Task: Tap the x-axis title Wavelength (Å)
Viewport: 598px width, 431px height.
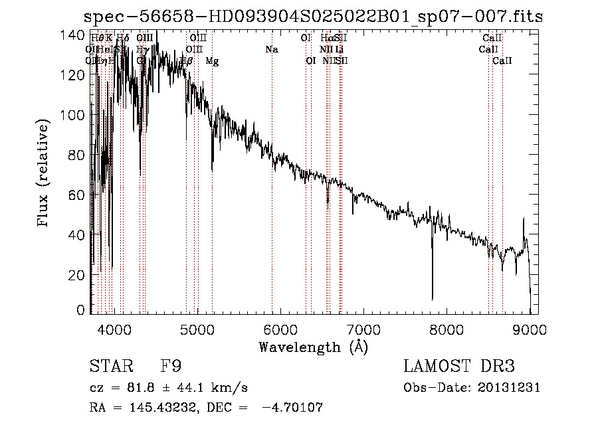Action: [313, 347]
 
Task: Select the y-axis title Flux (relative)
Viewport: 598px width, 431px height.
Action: [44, 174]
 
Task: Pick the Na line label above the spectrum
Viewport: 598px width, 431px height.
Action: [271, 49]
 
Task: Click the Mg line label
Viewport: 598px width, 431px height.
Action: [212, 61]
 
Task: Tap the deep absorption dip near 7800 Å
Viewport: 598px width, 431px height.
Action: [433, 292]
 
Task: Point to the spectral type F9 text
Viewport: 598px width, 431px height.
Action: [171, 367]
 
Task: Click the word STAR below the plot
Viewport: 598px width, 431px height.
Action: [111, 367]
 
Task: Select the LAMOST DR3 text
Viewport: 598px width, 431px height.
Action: [459, 367]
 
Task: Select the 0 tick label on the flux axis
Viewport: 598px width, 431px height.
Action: [81, 310]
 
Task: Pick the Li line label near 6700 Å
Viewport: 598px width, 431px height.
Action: [339, 49]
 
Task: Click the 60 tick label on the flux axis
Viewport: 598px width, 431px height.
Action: [77, 195]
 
